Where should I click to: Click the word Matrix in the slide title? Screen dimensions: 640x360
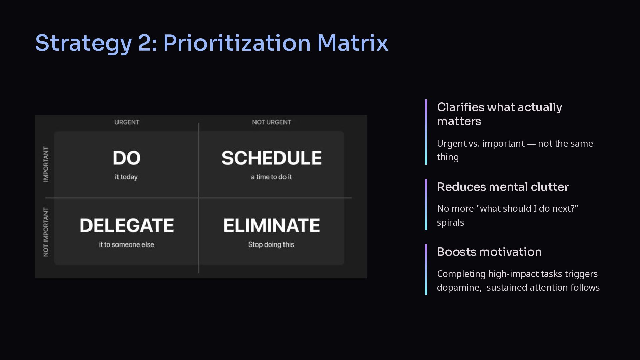(353, 43)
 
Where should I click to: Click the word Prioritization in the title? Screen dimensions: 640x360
(237, 43)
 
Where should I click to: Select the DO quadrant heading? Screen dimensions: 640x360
(127, 158)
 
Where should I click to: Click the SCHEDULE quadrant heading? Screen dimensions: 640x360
(272, 158)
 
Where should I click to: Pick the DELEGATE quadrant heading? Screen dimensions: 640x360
(127, 225)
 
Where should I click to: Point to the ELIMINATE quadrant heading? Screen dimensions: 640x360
(272, 225)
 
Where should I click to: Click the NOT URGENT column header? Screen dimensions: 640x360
(272, 122)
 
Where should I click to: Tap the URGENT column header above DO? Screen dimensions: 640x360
(127, 122)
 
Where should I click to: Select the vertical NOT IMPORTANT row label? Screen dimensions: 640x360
(46, 232)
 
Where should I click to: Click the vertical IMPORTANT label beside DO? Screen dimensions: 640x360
(46, 164)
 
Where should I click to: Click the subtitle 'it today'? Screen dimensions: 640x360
(126, 177)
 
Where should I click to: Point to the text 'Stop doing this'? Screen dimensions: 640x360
(271, 245)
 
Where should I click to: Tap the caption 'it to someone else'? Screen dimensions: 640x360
(126, 245)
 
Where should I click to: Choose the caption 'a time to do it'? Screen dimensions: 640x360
(271, 177)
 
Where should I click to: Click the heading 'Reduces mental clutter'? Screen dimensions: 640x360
(503, 187)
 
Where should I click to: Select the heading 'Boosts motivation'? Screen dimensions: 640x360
(489, 252)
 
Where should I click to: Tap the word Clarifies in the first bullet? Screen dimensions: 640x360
(461, 107)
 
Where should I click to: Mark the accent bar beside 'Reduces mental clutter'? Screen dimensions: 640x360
(426, 204)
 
